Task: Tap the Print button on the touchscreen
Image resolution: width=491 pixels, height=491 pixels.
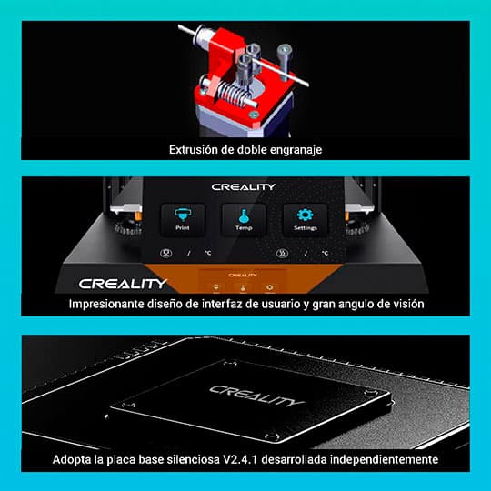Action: point(183,220)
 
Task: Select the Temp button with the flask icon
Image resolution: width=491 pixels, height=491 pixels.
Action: point(244,220)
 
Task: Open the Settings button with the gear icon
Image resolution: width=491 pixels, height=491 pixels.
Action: point(305,220)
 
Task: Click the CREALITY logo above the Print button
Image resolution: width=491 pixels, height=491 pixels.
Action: point(244,186)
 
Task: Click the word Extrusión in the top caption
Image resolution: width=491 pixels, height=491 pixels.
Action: point(196,148)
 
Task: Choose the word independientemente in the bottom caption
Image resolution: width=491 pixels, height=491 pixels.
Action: point(392,459)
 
